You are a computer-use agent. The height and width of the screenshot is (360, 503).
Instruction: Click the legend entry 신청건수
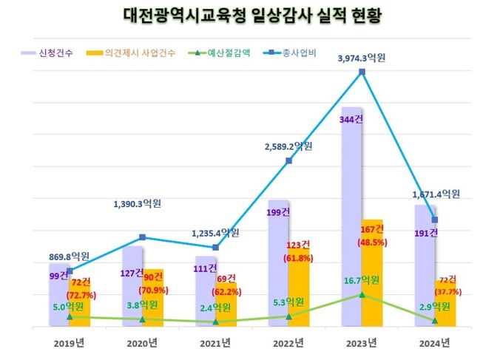click(55, 53)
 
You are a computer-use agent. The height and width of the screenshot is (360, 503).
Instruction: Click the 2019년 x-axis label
click(70, 342)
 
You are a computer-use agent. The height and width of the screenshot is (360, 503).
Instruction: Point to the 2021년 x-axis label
click(216, 342)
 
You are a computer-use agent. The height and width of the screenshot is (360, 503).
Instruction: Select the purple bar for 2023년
click(351, 222)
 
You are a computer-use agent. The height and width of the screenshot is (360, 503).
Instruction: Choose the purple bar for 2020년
click(132, 288)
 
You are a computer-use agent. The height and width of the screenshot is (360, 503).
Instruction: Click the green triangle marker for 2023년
click(362, 294)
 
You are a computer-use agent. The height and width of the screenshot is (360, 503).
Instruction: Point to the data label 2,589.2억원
click(289, 146)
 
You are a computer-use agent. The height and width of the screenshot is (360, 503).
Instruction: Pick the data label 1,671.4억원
click(434, 194)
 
